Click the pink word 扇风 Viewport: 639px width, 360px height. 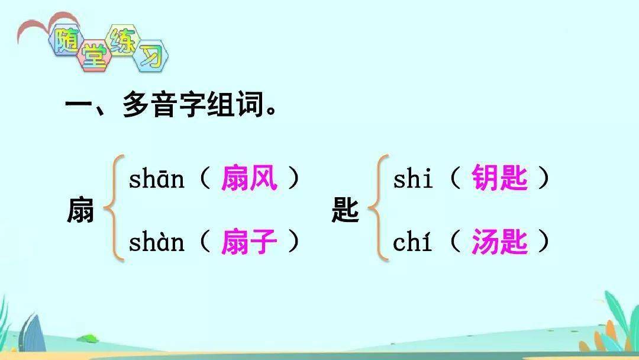[250, 178]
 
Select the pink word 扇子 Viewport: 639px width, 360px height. [250, 242]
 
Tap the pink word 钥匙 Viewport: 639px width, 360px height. [499, 178]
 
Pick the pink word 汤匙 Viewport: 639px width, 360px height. [499, 242]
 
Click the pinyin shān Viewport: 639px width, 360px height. [156, 179]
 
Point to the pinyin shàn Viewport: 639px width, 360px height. [156, 242]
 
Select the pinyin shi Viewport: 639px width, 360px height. [412, 179]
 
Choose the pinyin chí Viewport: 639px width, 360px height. [412, 242]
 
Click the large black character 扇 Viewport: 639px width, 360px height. [80, 210]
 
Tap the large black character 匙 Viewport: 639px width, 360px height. [345, 210]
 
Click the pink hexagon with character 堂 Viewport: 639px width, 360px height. [94, 56]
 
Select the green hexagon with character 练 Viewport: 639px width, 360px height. [123, 41]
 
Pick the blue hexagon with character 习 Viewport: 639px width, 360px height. [151, 56]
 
